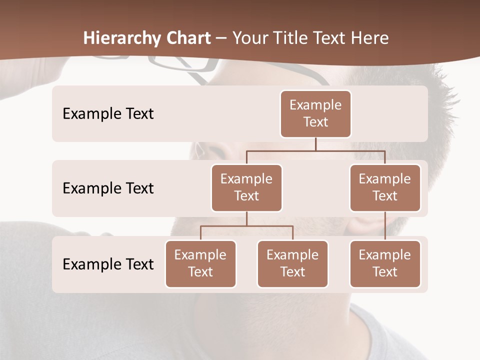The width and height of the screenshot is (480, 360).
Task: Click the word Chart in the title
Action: click(188, 38)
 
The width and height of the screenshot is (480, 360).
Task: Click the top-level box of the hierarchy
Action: click(315, 114)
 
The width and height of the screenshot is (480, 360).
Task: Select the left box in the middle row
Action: click(246, 187)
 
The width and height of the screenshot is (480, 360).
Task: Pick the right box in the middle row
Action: click(385, 187)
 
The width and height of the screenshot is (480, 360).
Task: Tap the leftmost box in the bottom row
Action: click(200, 263)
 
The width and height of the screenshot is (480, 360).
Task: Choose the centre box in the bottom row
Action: click(292, 263)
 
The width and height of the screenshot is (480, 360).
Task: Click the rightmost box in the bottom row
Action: click(385, 263)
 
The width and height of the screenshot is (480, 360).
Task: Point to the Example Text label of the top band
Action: click(108, 114)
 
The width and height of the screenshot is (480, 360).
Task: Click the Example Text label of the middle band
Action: click(108, 188)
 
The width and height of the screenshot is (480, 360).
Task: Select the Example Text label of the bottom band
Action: click(108, 264)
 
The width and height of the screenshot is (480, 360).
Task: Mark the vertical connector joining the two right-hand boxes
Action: click(385, 226)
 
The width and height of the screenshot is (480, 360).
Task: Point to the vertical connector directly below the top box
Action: click(315, 144)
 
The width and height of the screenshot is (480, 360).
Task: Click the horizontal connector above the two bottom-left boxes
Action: click(246, 226)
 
